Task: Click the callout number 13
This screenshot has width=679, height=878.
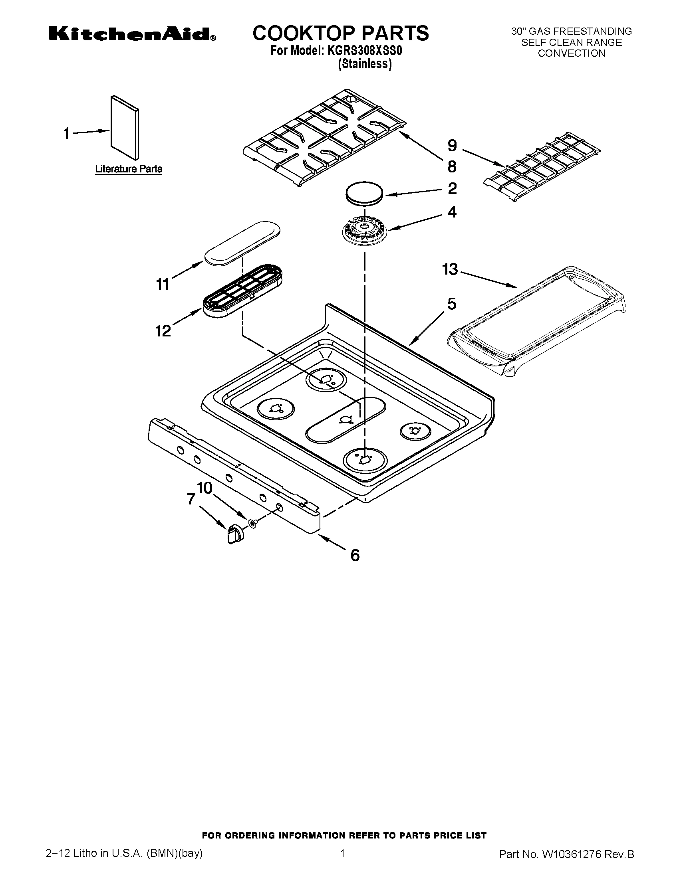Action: [450, 269]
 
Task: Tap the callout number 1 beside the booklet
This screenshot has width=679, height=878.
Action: [67, 133]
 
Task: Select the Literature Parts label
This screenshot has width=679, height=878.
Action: [129, 169]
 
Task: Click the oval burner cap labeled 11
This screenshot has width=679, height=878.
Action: [242, 243]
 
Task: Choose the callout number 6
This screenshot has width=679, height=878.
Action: [355, 555]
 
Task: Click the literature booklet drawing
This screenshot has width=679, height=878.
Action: [125, 127]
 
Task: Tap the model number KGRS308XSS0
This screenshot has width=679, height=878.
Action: [365, 51]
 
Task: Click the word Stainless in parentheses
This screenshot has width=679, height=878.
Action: [365, 64]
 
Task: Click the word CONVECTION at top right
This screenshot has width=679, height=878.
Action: [571, 53]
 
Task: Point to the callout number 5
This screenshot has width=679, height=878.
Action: [452, 304]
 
